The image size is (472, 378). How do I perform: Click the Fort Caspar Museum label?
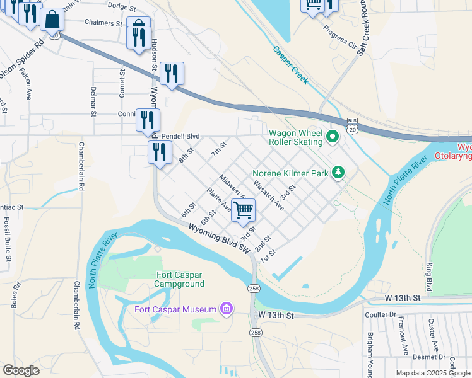pyautogui.click(x=174, y=309)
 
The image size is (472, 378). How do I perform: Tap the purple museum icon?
pyautogui.click(x=226, y=309)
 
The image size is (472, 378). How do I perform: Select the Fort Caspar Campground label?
pyautogui.click(x=180, y=279)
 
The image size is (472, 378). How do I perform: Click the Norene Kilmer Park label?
pyautogui.click(x=292, y=173)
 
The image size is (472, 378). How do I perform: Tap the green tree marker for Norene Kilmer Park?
pyautogui.click(x=339, y=171)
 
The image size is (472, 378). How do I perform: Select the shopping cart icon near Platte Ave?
pyautogui.click(x=243, y=210)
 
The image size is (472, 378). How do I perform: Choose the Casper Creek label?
pyautogui.click(x=290, y=66)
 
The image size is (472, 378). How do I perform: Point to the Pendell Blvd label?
pyautogui.click(x=180, y=136)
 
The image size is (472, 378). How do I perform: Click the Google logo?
pyautogui.click(x=21, y=370)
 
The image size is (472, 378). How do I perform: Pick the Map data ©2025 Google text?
pyautogui.click(x=433, y=373)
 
